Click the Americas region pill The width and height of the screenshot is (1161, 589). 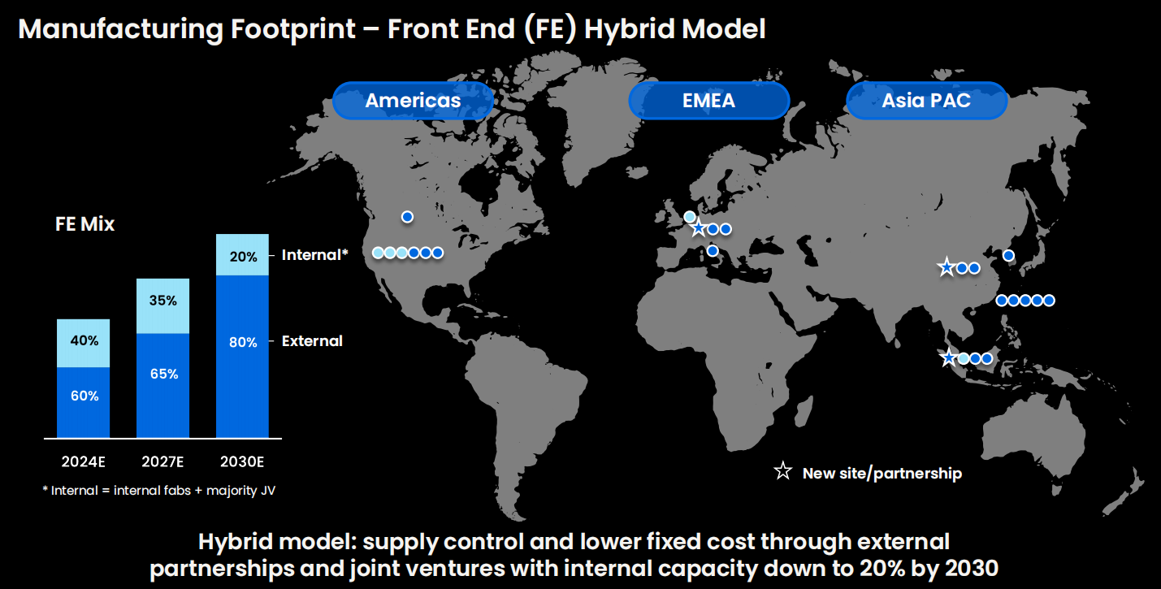pos(413,101)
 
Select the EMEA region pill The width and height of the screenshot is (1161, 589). pos(709,101)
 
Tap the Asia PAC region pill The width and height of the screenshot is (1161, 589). pos(927,101)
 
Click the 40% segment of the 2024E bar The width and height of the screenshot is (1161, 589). pos(84,343)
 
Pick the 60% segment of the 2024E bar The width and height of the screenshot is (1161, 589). pos(84,403)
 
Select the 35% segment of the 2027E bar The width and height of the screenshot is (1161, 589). pos(162,306)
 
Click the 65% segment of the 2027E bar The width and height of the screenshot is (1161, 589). pos(162,386)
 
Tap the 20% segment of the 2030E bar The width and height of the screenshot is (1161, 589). pos(243,254)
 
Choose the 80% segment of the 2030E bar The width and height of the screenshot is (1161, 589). pos(243,357)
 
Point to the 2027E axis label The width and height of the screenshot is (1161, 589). pos(162,461)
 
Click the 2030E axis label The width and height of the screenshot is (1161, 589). pos(242,461)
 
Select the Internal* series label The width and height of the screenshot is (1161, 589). pos(314,255)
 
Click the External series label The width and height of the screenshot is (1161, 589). pos(312,341)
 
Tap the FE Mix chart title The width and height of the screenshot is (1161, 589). pos(85,224)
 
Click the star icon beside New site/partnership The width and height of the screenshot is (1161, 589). pos(782,471)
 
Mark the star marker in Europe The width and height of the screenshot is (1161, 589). pos(699,227)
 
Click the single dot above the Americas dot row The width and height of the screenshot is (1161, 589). pos(407,217)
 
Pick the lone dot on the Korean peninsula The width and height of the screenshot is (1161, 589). pos(1008,256)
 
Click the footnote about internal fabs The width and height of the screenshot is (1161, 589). pos(159,491)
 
